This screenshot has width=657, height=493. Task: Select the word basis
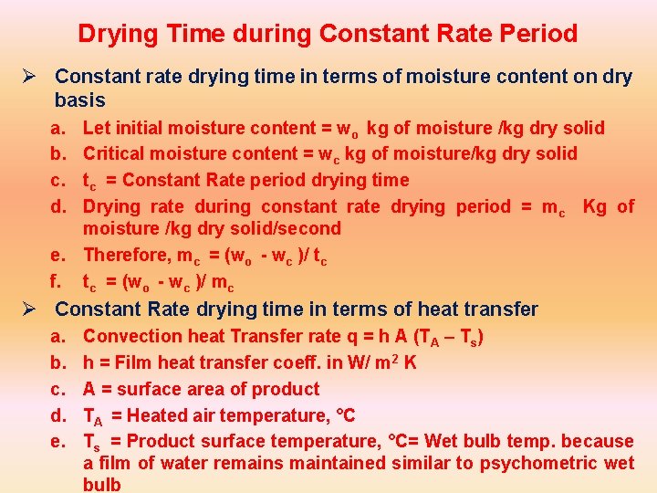pyautogui.click(x=80, y=100)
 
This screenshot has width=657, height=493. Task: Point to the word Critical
pyautogui.click(x=113, y=153)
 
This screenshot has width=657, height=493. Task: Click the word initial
pyautogui.click(x=146, y=128)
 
